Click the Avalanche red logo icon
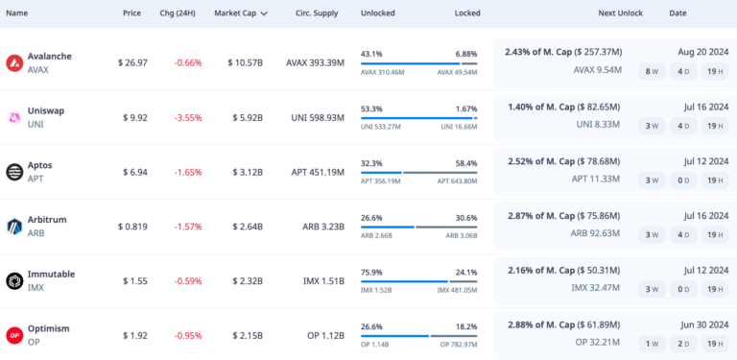(x=14, y=63)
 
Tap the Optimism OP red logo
(x=14, y=335)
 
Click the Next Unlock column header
(x=620, y=13)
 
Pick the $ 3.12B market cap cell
(x=245, y=172)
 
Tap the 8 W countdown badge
(x=652, y=71)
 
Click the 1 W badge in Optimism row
(x=652, y=343)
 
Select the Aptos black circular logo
(x=14, y=172)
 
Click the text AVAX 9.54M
(x=597, y=70)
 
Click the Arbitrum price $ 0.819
(x=132, y=227)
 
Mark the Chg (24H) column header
(x=178, y=13)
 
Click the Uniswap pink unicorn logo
(x=14, y=117)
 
